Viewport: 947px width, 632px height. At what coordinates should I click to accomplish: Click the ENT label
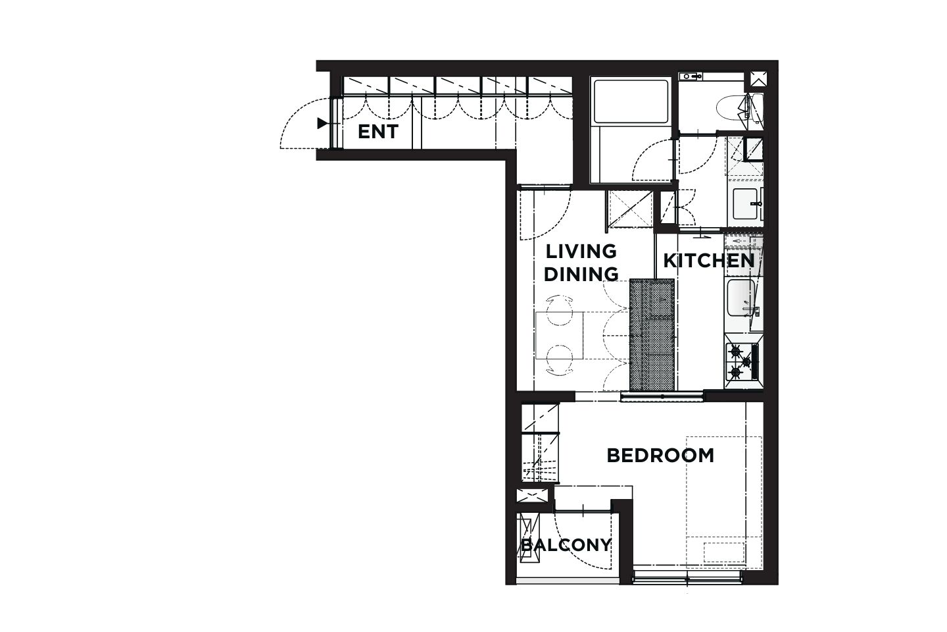click(378, 132)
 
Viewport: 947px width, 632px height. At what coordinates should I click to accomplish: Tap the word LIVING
click(581, 251)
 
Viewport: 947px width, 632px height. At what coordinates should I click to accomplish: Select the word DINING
click(581, 275)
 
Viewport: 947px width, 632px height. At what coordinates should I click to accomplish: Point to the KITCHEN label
click(709, 261)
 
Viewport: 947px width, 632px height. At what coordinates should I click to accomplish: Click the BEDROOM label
click(660, 456)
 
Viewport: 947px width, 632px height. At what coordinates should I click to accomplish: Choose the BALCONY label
click(566, 545)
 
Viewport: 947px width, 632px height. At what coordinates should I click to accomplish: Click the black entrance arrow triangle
click(322, 123)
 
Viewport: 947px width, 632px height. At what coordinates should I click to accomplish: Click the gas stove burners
click(742, 361)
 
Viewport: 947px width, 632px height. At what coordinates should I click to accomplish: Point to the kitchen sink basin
click(741, 298)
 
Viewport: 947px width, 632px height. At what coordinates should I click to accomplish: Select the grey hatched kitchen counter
click(652, 334)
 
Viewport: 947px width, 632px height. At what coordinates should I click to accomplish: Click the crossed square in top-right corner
click(758, 79)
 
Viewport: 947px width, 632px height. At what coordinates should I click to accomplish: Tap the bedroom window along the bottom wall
click(687, 577)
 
